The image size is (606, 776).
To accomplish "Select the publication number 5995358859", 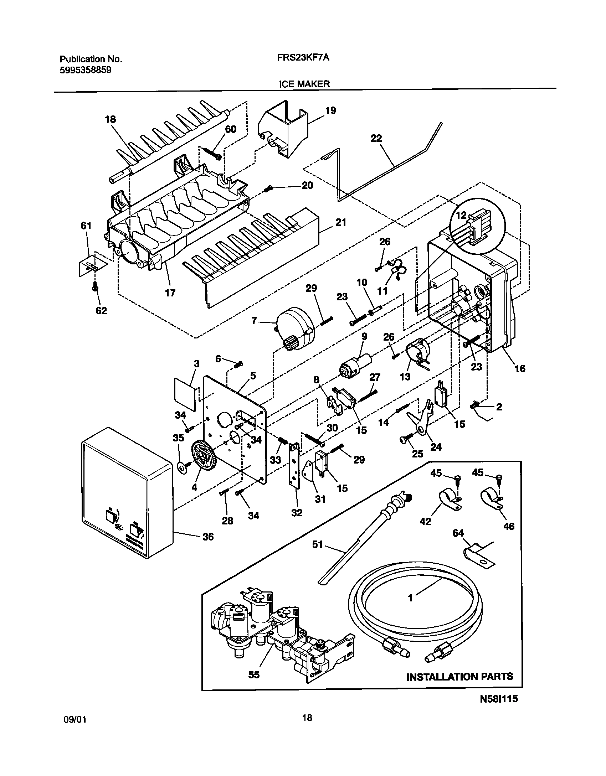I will (85, 70).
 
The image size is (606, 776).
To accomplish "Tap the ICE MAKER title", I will (304, 84).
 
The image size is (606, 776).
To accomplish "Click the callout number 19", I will (330, 110).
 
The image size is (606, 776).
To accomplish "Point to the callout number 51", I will (317, 544).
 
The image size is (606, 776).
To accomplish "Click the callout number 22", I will (376, 138).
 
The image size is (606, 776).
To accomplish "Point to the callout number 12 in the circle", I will (461, 216).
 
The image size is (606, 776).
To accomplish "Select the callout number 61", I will (86, 226).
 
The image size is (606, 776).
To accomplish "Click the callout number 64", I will (458, 533).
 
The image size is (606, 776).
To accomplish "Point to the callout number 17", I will (170, 293).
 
